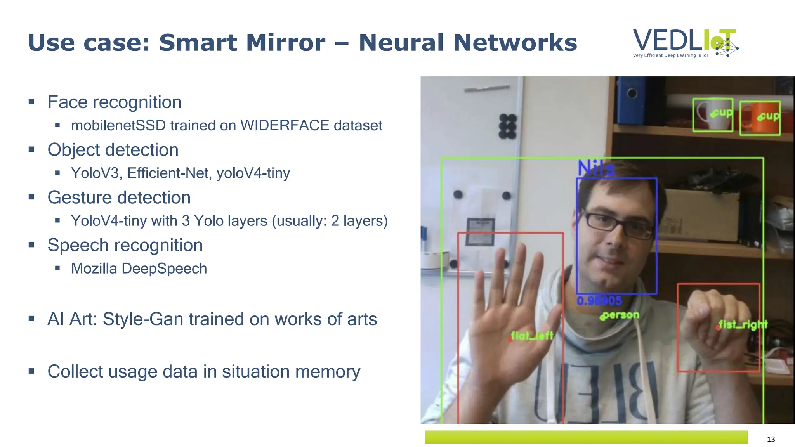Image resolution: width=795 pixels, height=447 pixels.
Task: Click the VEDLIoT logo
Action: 685,43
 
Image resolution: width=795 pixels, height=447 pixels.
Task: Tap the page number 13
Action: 771,439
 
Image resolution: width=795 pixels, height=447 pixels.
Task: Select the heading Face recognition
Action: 114,102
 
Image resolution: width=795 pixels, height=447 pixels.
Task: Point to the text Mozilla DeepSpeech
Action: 139,269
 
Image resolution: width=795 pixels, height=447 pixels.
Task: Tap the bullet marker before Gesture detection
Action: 31,197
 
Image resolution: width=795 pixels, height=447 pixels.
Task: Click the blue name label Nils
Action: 596,168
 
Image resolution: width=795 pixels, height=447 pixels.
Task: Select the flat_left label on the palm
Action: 532,336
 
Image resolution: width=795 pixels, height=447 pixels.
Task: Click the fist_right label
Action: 743,324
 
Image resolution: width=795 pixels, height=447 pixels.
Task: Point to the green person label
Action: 620,315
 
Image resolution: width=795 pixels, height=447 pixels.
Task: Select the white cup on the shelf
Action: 710,115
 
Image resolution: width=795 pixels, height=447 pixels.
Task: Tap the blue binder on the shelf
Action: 631,101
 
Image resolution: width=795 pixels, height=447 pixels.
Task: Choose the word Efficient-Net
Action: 169,173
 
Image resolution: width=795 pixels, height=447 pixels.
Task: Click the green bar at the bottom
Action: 586,437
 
